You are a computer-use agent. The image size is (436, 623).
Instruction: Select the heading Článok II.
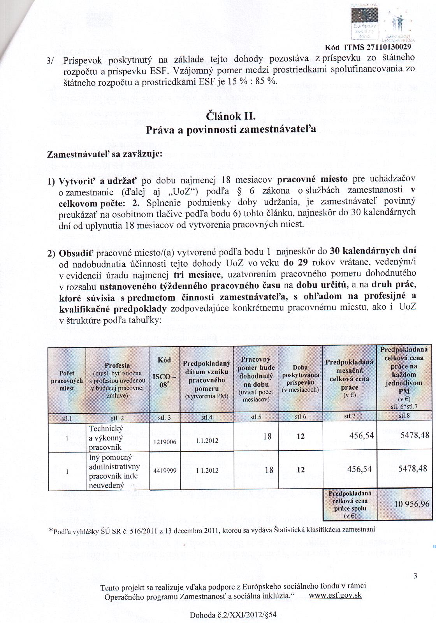[x=230, y=116]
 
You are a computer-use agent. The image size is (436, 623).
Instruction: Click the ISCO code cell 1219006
[x=165, y=442]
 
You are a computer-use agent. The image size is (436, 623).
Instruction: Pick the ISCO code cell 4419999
[x=165, y=470]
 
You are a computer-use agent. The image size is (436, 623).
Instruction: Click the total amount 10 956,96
[x=412, y=504]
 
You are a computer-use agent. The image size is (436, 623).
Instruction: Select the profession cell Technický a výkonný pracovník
[x=106, y=438]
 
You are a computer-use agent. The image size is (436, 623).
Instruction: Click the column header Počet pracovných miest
[x=67, y=381]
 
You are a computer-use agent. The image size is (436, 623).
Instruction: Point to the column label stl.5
[x=256, y=417]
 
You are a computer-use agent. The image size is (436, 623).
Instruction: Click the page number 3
[x=415, y=576]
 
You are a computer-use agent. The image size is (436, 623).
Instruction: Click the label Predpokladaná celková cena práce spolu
[x=348, y=504]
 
